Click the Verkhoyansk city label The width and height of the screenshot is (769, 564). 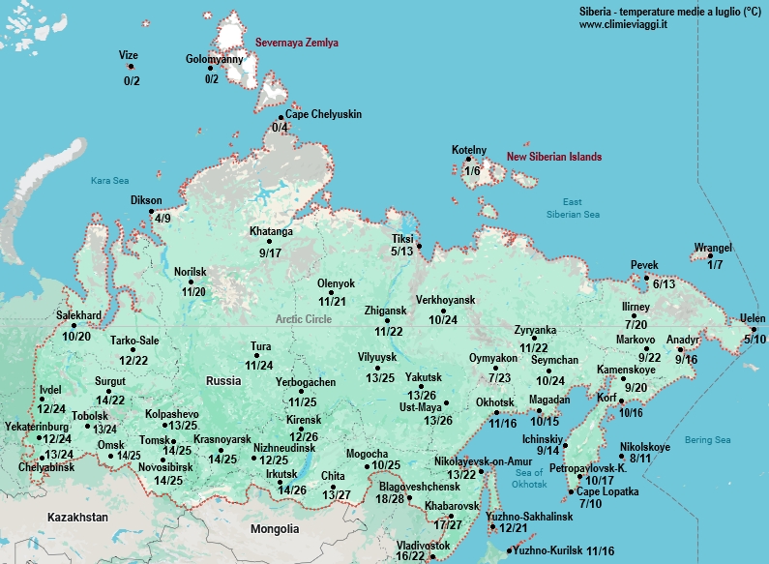pos(449,300)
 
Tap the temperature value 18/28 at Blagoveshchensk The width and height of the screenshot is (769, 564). pos(391,498)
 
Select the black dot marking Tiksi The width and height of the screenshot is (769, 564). pos(420,245)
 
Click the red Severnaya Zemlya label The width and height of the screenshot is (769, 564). pos(297,44)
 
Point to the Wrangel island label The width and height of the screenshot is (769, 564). pos(713,248)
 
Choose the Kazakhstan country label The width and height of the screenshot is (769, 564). pos(77,518)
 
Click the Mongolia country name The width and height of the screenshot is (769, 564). pos(274,529)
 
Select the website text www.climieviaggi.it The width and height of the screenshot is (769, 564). pos(623,23)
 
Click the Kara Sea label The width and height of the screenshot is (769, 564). pos(109,180)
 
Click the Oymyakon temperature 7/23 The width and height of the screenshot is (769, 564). pos(500,377)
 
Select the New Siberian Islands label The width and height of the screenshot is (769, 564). pos(554,157)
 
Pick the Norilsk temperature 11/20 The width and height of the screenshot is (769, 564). pos(193,291)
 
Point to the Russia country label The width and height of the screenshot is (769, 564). pos(223,380)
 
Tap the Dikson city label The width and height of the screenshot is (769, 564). pos(146,201)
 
